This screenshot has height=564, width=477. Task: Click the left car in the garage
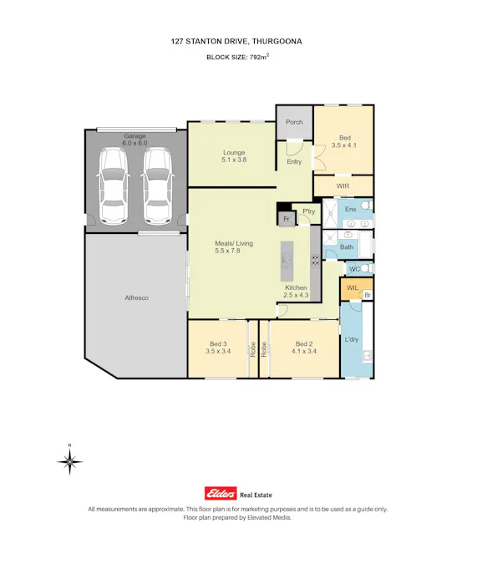coord(114,186)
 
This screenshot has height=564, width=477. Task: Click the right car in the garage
coord(155,186)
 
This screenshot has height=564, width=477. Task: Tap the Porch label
coord(294,122)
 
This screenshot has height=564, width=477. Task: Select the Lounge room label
coord(234,153)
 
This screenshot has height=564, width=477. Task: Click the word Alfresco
coord(136,297)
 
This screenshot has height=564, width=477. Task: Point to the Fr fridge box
coord(286,219)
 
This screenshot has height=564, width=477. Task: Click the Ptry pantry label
coord(307,211)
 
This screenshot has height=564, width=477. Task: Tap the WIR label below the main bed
coord(343,185)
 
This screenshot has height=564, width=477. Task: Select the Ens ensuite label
coord(351,207)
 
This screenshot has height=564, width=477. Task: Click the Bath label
coord(347,246)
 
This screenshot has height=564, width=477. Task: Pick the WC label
coord(354,269)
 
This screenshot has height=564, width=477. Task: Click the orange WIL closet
coord(352,288)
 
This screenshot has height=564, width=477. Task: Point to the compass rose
coord(71,460)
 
